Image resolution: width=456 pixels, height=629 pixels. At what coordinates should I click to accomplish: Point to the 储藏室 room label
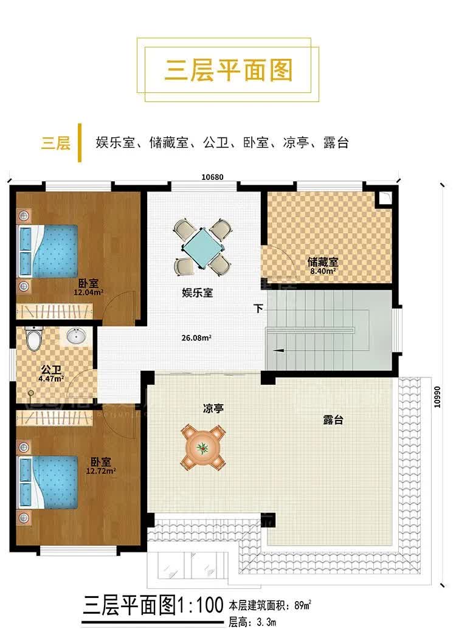pos(322,262)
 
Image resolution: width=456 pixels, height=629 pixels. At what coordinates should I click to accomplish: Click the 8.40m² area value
pos(323,271)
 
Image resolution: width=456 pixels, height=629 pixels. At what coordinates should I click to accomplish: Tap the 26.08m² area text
pos(196,338)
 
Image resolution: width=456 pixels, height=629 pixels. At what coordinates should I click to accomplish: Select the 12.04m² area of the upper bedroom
pos(88,292)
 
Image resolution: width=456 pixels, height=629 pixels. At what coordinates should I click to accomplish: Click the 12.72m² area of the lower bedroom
pos(101,471)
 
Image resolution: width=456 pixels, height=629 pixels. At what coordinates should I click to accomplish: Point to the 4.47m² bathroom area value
pos(51,378)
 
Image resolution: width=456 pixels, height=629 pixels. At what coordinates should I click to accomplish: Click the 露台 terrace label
pos(333,420)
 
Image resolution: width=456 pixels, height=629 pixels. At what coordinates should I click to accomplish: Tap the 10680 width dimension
pos(212,177)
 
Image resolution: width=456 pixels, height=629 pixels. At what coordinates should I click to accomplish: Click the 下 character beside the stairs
pos(258,309)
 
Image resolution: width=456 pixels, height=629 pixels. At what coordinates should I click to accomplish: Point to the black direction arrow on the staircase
pos(279,351)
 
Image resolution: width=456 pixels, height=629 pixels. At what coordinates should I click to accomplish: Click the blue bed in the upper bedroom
pos(47,251)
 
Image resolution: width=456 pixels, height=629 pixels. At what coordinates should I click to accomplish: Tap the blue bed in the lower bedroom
pos(47,482)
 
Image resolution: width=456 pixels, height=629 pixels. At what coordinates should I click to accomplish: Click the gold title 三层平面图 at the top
pos(229,70)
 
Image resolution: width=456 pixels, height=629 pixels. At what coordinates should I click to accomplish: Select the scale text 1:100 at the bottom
pos(200,605)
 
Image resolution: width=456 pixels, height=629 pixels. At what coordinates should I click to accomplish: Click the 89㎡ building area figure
pos(303,605)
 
